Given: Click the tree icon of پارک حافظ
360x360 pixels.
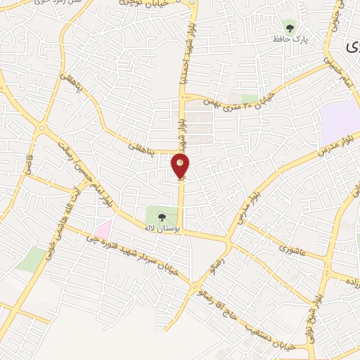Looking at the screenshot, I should click(x=290, y=29).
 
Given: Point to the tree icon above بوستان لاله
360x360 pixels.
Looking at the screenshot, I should click(x=162, y=217).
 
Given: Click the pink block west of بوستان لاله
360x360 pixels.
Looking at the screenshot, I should click(x=103, y=229).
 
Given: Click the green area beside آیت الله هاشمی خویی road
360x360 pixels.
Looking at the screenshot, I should click(x=31, y=259).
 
